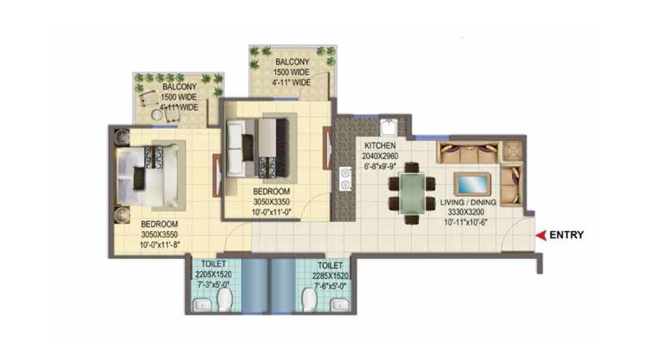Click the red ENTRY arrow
pyautogui.click(x=540, y=236)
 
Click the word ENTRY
pyautogui.click(x=566, y=236)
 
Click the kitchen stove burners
pyautogui.click(x=345, y=177)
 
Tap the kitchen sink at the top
pyautogui.click(x=388, y=127)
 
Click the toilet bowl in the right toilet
pyautogui.click(x=309, y=300)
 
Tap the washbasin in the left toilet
pyautogui.click(x=202, y=306)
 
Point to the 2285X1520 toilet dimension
pyautogui.click(x=330, y=276)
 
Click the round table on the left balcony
pyautogui.click(x=156, y=115)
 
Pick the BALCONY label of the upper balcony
pyautogui.click(x=292, y=62)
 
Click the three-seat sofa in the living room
pyautogui.click(x=469, y=152)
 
